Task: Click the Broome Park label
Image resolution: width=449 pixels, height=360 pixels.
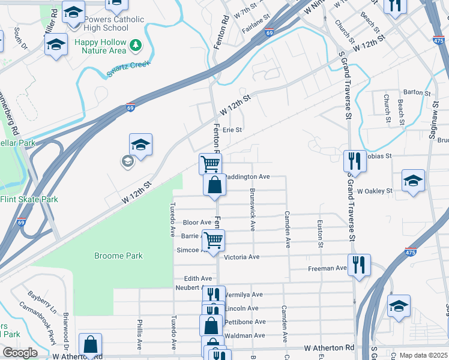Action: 118,256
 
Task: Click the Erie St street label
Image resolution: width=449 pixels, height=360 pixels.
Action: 232,130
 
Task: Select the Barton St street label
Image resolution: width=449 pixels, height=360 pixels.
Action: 417,93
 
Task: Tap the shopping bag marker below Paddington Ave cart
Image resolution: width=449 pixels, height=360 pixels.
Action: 214,185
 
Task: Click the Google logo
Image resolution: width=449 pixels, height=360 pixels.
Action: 20,352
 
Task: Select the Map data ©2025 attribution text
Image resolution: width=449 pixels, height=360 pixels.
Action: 423,355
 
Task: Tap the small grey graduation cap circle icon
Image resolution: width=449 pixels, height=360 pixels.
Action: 127,160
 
